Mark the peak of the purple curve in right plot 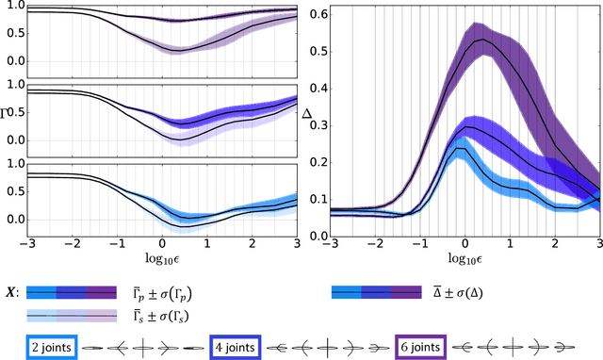coord(482,40)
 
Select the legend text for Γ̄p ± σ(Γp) coord(156,293)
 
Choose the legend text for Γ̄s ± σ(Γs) coord(156,314)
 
